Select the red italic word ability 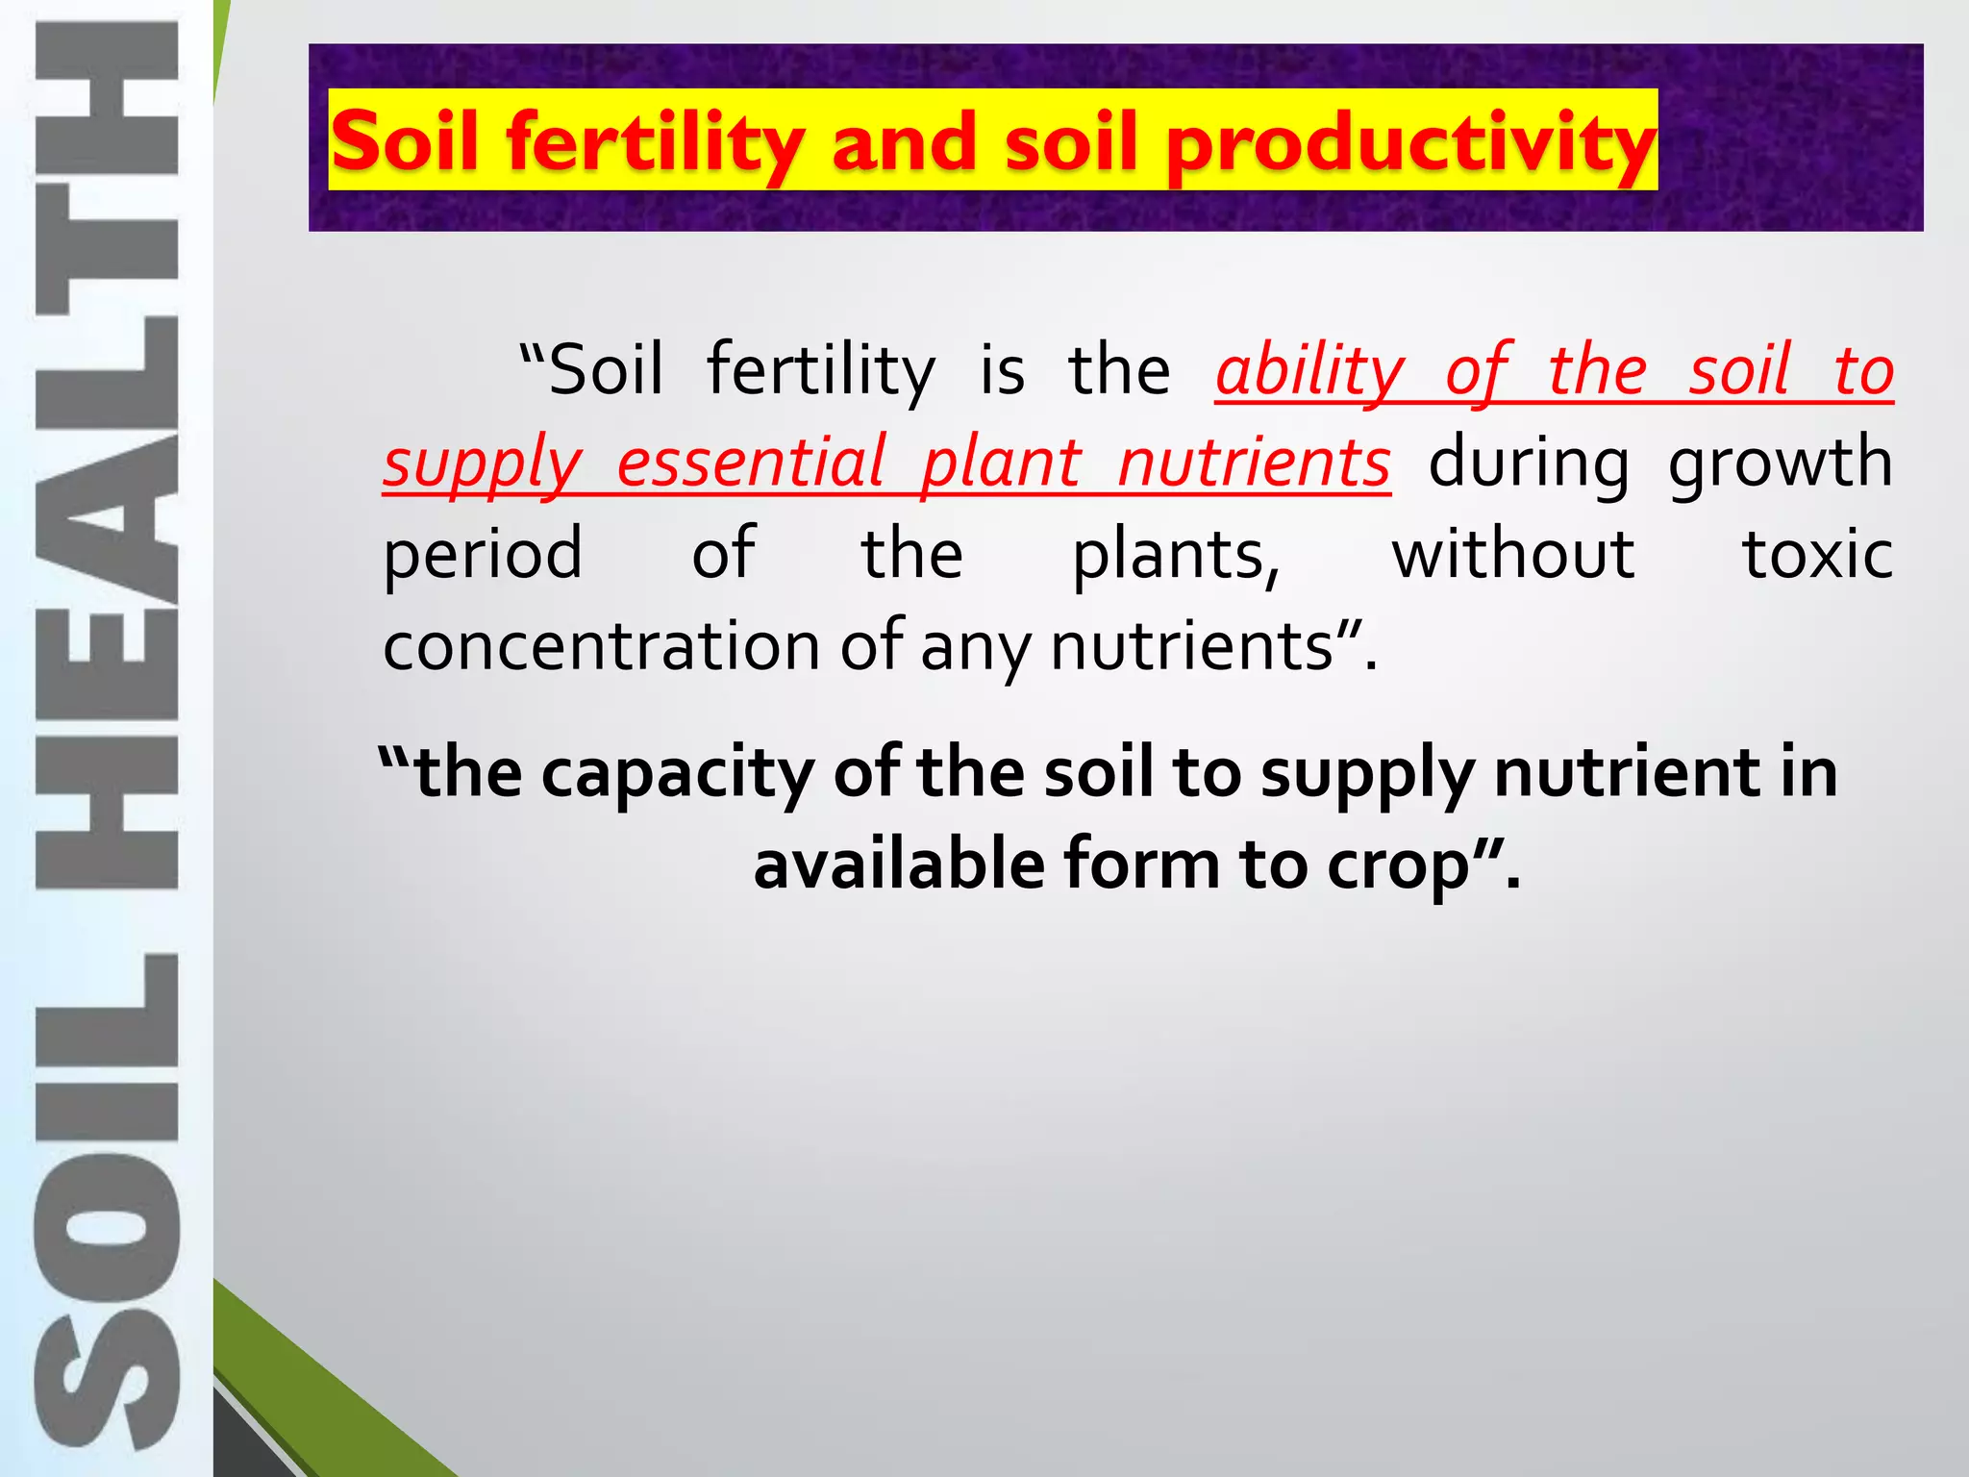[x=1309, y=372]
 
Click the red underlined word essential [x=749, y=463]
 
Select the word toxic [x=1817, y=555]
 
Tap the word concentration [x=601, y=646]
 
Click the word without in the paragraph [x=1512, y=555]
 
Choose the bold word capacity [x=678, y=774]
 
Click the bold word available [x=899, y=864]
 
